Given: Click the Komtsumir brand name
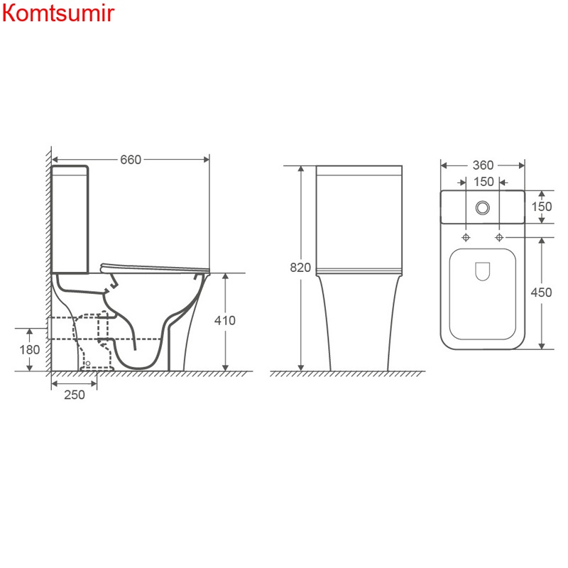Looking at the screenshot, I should coord(58,14).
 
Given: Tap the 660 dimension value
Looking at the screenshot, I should coord(131,159).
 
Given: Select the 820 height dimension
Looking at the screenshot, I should coord(300,268).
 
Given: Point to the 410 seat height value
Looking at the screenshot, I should coord(224,320).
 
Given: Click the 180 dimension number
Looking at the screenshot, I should coord(29,349).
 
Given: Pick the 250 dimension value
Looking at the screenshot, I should coord(74,395).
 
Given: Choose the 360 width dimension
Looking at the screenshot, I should coord(483,165).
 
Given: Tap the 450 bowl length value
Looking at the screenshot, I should coord(542,293).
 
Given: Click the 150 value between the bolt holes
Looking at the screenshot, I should coord(483,182).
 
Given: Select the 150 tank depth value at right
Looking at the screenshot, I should coord(542,206).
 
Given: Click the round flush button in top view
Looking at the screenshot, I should coord(483,207).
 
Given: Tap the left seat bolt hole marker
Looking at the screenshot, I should coord(466,236).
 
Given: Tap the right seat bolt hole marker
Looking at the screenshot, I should coord(500,236).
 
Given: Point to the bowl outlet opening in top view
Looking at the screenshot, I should coord(483,271).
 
